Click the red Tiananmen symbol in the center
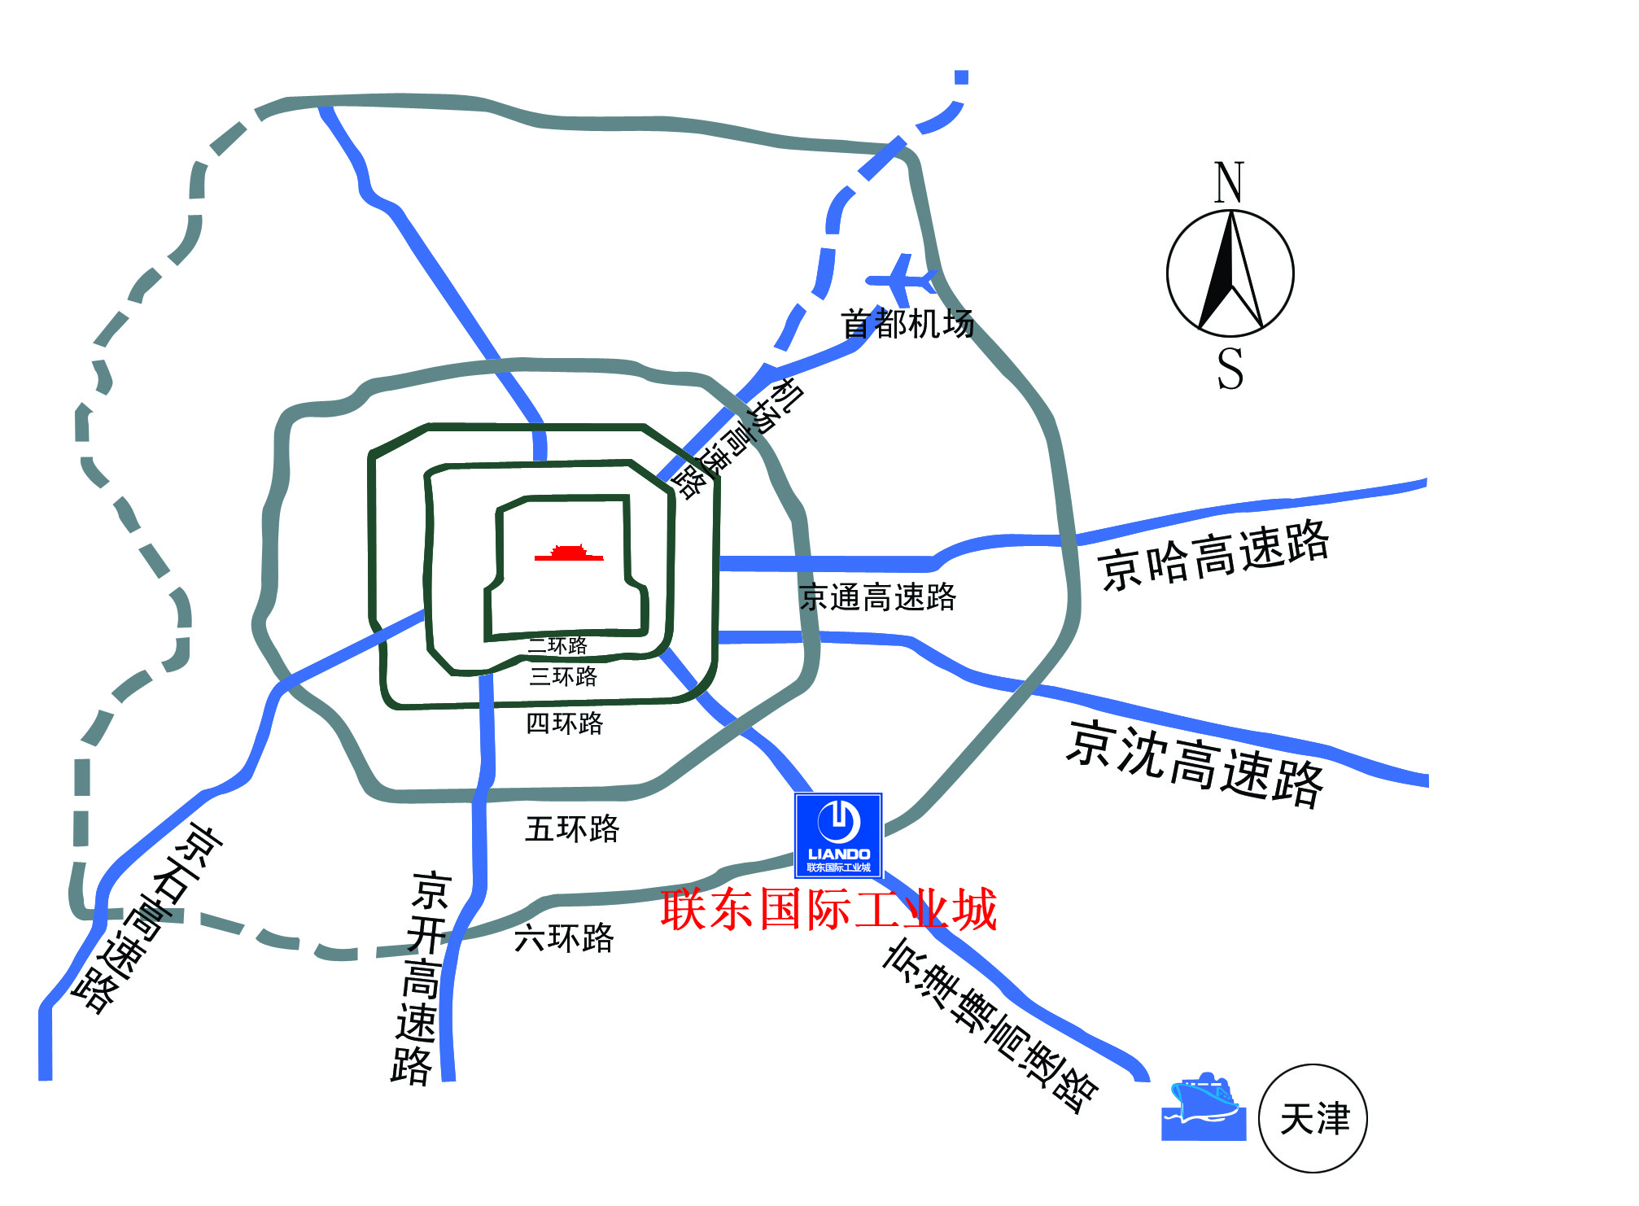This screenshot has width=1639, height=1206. pos(569,554)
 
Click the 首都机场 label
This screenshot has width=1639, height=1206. pos(907,324)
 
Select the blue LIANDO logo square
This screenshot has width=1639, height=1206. pos(838,835)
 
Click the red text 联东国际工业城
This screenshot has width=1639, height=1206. pos(828,909)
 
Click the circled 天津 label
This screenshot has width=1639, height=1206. pos(1313,1119)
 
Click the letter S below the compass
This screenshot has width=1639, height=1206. pos(1230,369)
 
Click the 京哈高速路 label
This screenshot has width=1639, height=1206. pos(1213,556)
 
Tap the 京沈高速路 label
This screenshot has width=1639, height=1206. pos(1195,763)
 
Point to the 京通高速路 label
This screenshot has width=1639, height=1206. pos(877,596)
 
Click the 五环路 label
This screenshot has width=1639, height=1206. pos(572,829)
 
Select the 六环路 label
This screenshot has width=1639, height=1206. pos(564,938)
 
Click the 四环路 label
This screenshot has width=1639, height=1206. pos(565,723)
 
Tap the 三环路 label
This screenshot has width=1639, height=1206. pos(563,676)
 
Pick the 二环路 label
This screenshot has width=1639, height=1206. pos(558,646)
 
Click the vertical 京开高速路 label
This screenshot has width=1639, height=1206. pos(419,977)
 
